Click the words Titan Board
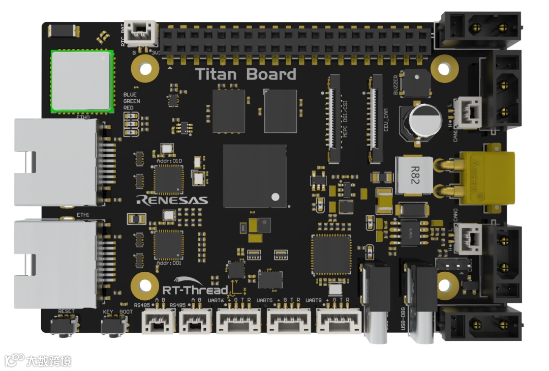click(246, 75)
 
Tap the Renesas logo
click(172, 199)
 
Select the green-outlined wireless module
click(81, 80)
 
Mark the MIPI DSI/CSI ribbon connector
click(334, 118)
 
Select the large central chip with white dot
click(255, 176)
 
